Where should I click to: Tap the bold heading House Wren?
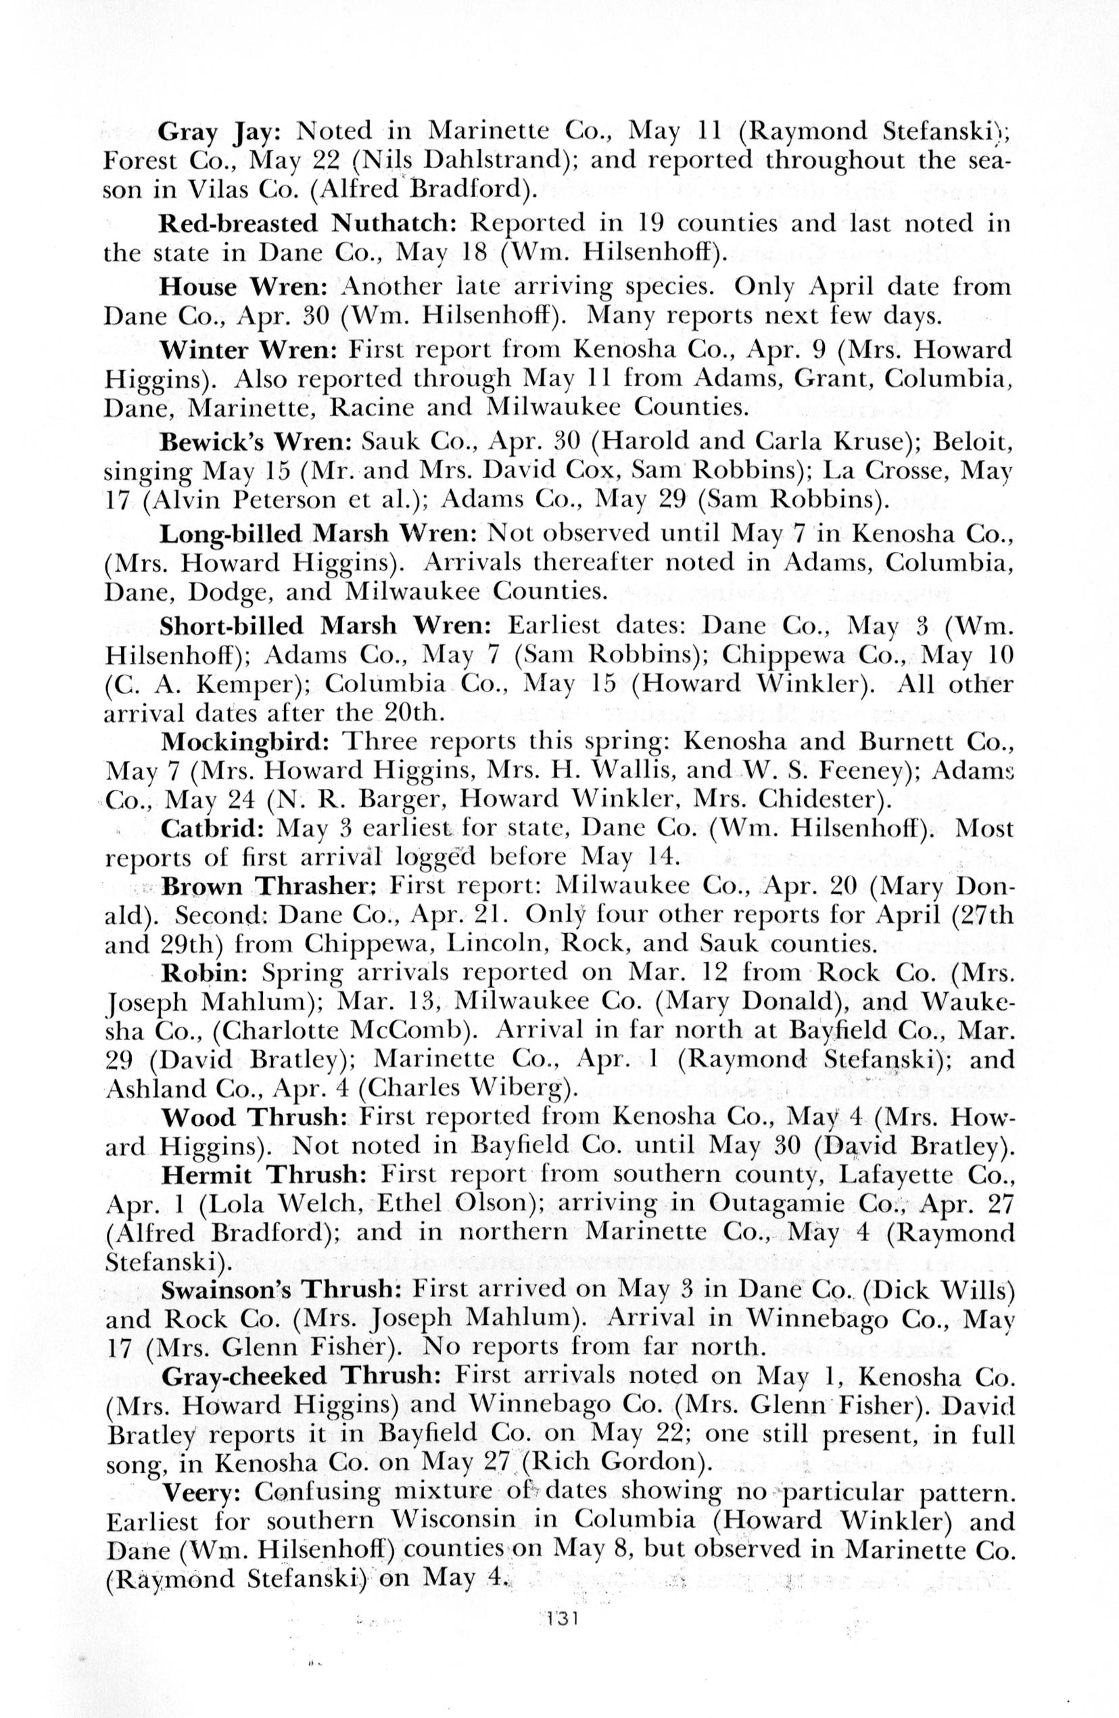pos(245,288)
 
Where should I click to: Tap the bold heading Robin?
pos(205,974)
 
